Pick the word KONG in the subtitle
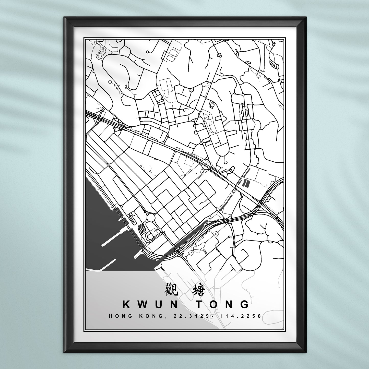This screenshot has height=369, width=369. click(150, 316)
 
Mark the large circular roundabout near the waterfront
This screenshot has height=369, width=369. click(151, 218)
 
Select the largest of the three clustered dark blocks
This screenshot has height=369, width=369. click(246, 183)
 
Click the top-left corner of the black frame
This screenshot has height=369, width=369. click(64, 18)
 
